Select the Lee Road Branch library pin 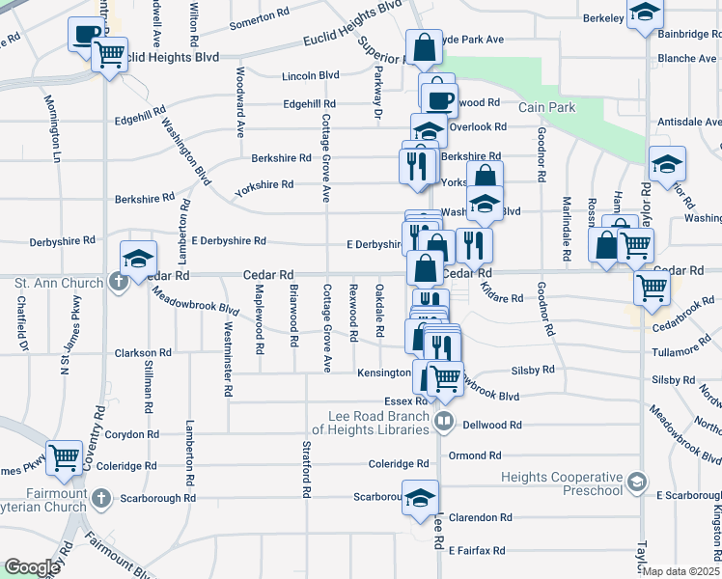pyautogui.click(x=444, y=420)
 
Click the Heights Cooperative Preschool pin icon pyautogui.click(x=636, y=481)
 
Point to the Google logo pyautogui.click(x=32, y=567)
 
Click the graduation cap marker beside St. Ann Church pyautogui.click(x=138, y=258)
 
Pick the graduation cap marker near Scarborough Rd pyautogui.click(x=420, y=497)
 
